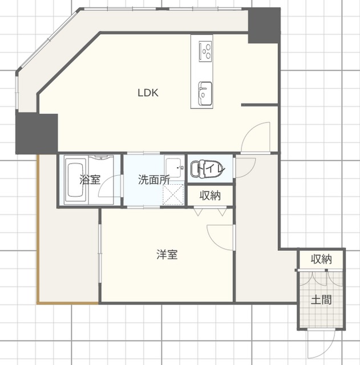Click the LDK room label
coord(148,93)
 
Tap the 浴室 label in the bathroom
coord(90,180)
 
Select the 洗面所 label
coord(154,180)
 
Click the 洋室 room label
coord(167,254)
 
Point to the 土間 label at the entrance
coord(321,300)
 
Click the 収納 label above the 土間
coord(321,259)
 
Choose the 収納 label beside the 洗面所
coord(210,196)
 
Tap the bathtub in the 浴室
coord(76,180)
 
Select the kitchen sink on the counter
coord(205,93)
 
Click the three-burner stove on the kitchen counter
coord(205,51)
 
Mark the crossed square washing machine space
coord(173,194)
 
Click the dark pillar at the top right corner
coord(264,26)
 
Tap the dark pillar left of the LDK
coord(37,133)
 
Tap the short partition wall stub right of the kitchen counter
coord(260,105)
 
